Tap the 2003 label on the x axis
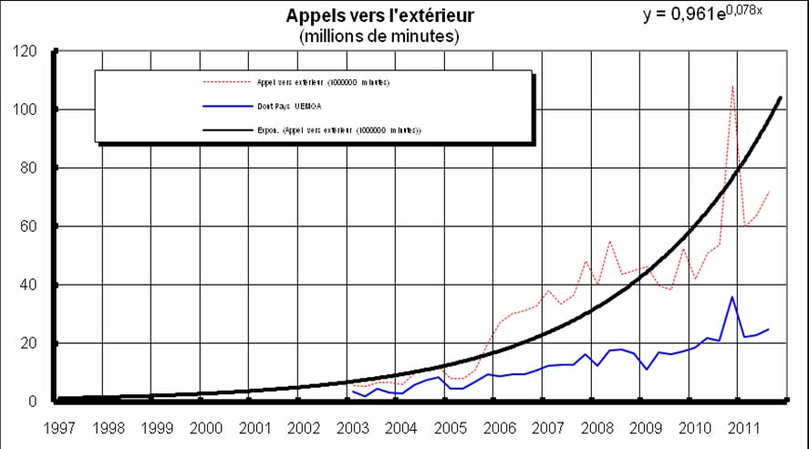click(x=351, y=426)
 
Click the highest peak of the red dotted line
click(x=732, y=86)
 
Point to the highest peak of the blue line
click(x=731, y=297)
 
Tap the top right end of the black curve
click(x=781, y=97)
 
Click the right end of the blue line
click(x=769, y=329)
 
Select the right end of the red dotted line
click(x=769, y=192)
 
